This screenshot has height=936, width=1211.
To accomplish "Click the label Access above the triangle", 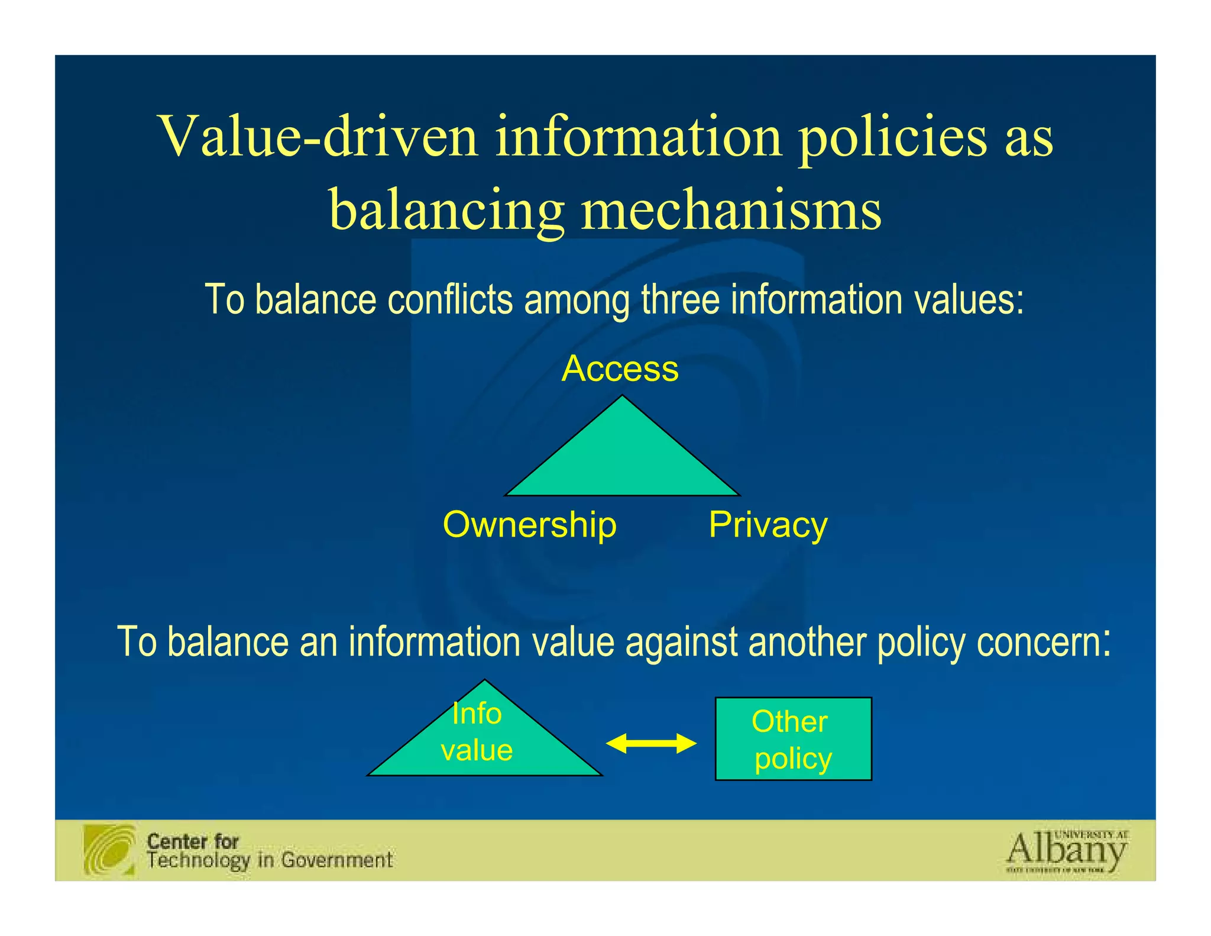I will (x=620, y=369).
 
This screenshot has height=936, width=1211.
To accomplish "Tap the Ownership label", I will (x=529, y=525).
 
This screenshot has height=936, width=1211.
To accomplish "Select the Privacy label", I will (x=768, y=525).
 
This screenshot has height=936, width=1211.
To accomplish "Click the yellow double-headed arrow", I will (x=651, y=743).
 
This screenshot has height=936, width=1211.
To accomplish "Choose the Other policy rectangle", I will (x=793, y=739).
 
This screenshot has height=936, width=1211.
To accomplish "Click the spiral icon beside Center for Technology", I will (x=109, y=850).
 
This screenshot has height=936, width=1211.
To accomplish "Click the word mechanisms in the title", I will (x=731, y=210).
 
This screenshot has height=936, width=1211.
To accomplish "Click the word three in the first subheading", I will (x=681, y=299).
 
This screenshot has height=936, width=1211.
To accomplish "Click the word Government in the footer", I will (x=336, y=860).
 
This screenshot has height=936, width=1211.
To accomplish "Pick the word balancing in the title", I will (x=446, y=210).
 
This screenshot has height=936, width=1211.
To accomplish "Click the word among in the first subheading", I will (x=577, y=299).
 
